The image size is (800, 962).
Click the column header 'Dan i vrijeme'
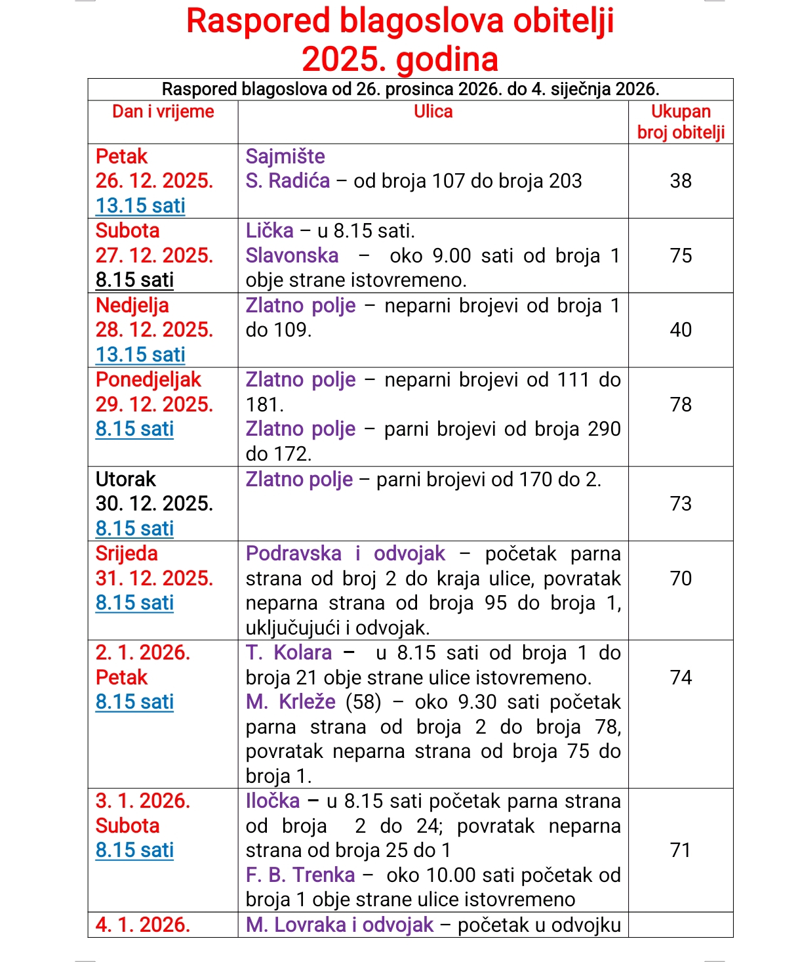pos(163,112)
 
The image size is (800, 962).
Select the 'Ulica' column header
pos(433,112)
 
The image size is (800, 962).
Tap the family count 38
pos(681,180)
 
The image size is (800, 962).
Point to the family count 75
pos(681,255)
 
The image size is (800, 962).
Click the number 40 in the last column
pos(681,329)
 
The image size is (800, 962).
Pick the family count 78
pos(681,404)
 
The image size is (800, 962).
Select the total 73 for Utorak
pos(681,503)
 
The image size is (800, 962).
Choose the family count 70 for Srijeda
pos(681,578)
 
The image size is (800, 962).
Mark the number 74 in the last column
pos(681,677)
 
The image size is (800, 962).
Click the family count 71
pos(681,850)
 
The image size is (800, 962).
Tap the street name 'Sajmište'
pos(285,156)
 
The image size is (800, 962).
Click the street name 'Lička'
pos(270,230)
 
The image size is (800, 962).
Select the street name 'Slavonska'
pos(292,255)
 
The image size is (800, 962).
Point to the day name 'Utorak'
pos(126,479)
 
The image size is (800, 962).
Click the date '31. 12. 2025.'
pos(154,578)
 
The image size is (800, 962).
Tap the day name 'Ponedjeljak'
pos(148,379)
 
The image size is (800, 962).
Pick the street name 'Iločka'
pos(272,801)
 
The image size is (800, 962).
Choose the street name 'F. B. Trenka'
pos(300,875)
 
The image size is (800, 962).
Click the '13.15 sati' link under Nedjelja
pos(140,354)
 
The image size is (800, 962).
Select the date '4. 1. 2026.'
pos(143,925)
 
